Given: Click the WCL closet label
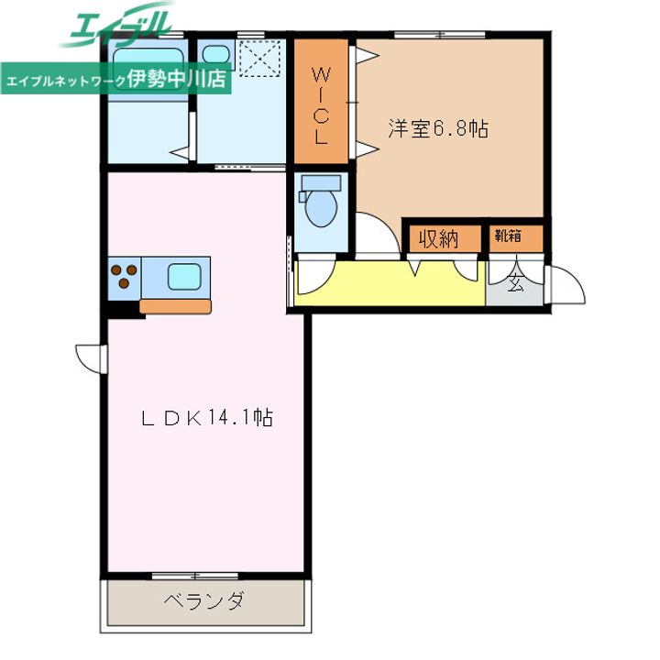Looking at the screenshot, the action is (x=321, y=105).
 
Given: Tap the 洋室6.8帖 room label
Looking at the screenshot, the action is (x=438, y=129).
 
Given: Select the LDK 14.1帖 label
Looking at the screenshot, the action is (x=207, y=418).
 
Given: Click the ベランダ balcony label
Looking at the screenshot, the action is (x=204, y=600).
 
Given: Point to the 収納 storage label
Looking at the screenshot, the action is (x=438, y=239).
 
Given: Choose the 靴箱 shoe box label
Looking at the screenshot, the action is (x=508, y=236).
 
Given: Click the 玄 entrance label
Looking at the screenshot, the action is (x=515, y=282).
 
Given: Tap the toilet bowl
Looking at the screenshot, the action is (x=321, y=207).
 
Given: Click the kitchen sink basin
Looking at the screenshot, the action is (x=184, y=277).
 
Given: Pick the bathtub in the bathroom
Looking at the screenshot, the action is (x=148, y=70).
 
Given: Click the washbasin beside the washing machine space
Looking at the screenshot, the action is (x=216, y=54).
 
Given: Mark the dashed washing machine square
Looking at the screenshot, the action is (x=259, y=58).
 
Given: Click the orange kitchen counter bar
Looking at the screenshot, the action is (x=175, y=306).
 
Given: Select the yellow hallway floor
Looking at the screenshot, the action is (x=390, y=283).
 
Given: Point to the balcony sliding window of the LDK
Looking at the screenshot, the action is (x=195, y=576).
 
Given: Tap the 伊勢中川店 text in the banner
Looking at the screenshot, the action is (x=177, y=78).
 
